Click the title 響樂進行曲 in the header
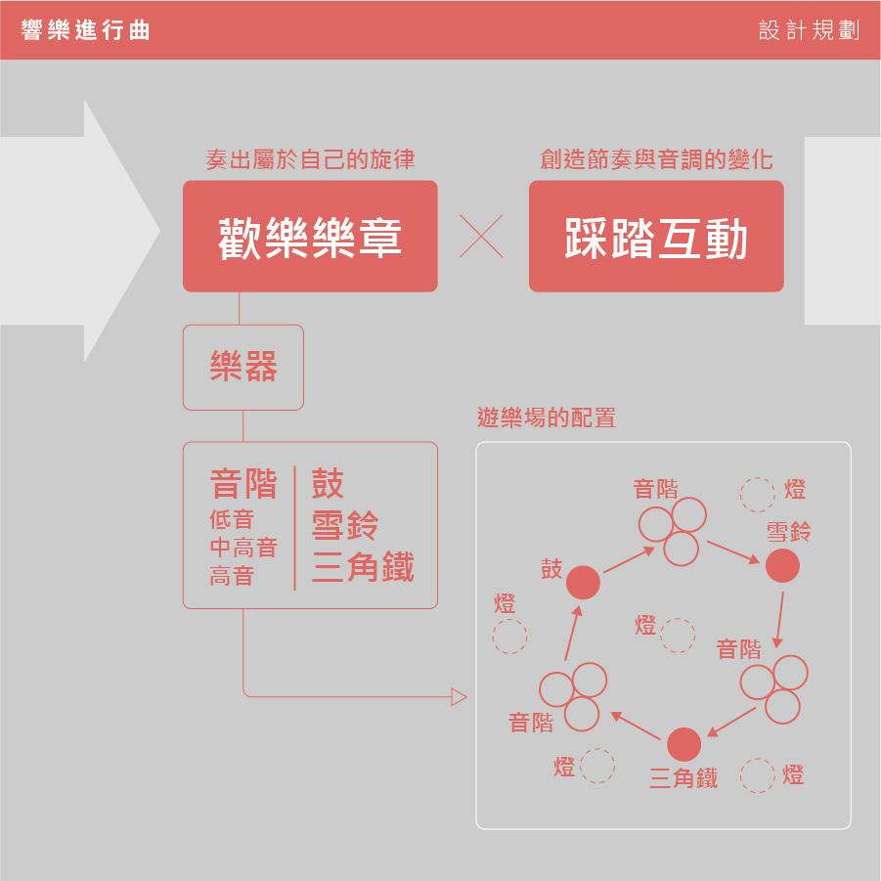point(85,29)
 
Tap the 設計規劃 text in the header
point(809,29)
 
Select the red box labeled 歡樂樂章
point(310,236)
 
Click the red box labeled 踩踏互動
point(656,236)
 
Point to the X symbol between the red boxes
point(481,236)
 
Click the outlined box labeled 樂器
point(243,368)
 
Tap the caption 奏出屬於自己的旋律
point(310,159)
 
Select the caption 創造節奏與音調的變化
point(656,159)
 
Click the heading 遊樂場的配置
point(547,418)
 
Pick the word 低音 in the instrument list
point(232,519)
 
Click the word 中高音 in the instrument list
point(243,548)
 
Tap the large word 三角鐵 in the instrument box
point(363,566)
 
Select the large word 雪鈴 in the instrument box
point(345,525)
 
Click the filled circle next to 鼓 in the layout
point(583,582)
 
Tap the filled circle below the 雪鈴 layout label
point(782,565)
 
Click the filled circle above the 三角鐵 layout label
point(683,744)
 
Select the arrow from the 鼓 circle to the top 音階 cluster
point(630,559)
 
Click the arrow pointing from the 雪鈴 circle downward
point(780,619)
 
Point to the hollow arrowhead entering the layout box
point(459,697)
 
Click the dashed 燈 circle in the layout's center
point(678,636)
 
